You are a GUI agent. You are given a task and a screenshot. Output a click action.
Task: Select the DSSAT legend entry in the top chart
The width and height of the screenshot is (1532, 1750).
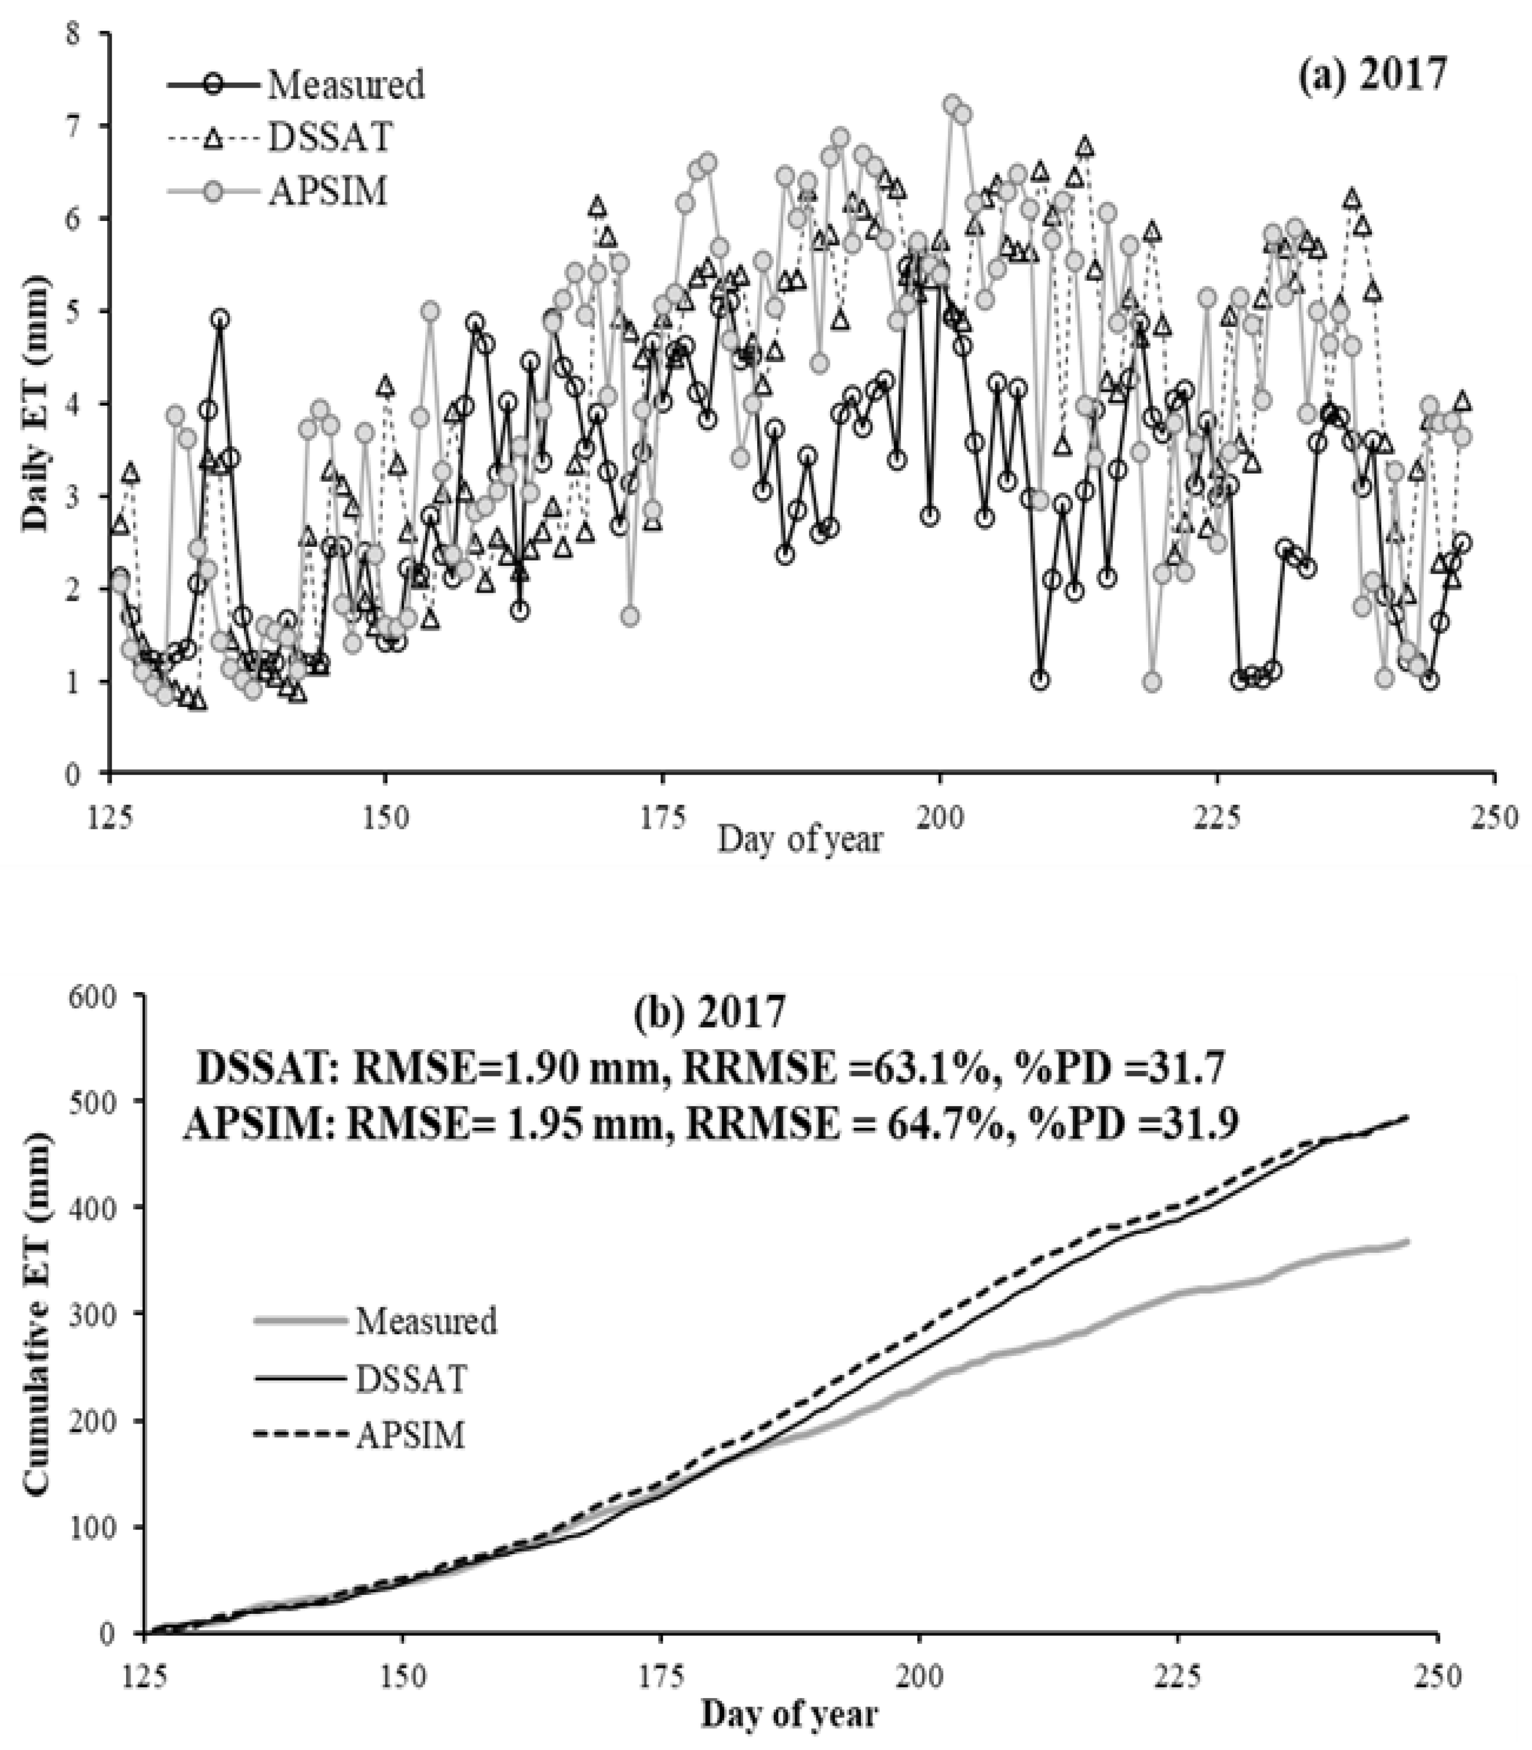(330, 138)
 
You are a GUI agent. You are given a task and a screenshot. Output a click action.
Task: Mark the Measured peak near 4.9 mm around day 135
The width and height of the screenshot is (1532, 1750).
(220, 319)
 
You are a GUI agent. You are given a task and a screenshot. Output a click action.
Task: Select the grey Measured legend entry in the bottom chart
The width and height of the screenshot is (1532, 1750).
(425, 1321)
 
